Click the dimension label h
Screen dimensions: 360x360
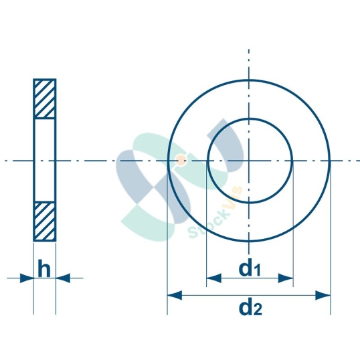pyautogui.click(x=44, y=269)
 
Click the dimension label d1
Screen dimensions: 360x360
pyautogui.click(x=250, y=269)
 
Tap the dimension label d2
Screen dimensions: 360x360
pyautogui.click(x=250, y=308)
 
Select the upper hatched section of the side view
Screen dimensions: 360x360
pyautogui.click(x=45, y=99)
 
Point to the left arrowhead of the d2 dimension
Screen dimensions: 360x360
pyautogui.click(x=173, y=294)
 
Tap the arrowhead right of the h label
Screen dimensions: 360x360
pyautogui.click(x=61, y=277)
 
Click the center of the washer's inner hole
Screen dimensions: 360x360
pyautogui.click(x=250, y=161)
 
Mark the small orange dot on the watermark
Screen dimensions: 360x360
pyautogui.click(x=180, y=160)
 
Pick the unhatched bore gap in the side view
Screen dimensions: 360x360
pyautogui.click(x=45, y=160)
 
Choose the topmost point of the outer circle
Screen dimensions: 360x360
pyautogui.click(x=250, y=79)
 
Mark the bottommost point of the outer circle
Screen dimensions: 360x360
pyautogui.click(x=250, y=242)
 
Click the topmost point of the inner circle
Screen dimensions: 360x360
pyautogui.click(x=250, y=119)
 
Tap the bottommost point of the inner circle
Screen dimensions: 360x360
pyautogui.click(x=250, y=203)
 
